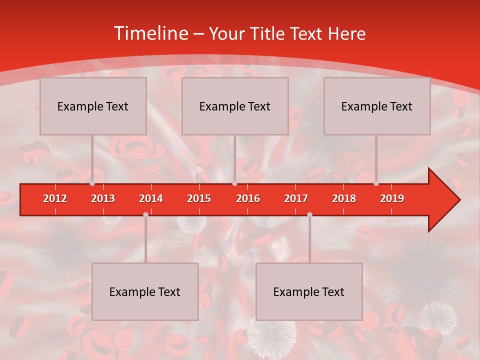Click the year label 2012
pyautogui.click(x=55, y=198)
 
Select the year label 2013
pyautogui.click(x=103, y=198)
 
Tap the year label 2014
pyautogui.click(x=151, y=198)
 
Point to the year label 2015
pyautogui.click(x=199, y=198)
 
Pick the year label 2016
pyautogui.click(x=248, y=198)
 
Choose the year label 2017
pyautogui.click(x=296, y=198)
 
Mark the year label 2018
pyautogui.click(x=344, y=198)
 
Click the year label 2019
pyautogui.click(x=392, y=198)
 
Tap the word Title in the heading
pyautogui.click(x=268, y=33)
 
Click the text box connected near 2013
pyautogui.click(x=93, y=106)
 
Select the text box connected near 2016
pyautogui.click(x=235, y=106)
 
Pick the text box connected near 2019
pyautogui.click(x=377, y=106)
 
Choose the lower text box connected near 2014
pyautogui.click(x=145, y=291)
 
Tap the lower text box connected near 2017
pyautogui.click(x=309, y=291)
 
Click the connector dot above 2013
pyautogui.click(x=92, y=183)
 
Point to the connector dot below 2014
pyautogui.click(x=145, y=215)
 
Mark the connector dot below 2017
pyautogui.click(x=309, y=215)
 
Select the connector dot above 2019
pyautogui.click(x=376, y=183)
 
